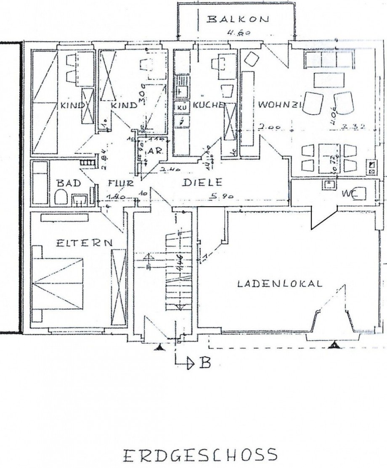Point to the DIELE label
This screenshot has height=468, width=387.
point(202,183)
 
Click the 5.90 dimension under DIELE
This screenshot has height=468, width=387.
point(220,196)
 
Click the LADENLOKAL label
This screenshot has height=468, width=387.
point(280,284)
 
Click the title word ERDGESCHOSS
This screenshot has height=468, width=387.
point(200,455)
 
